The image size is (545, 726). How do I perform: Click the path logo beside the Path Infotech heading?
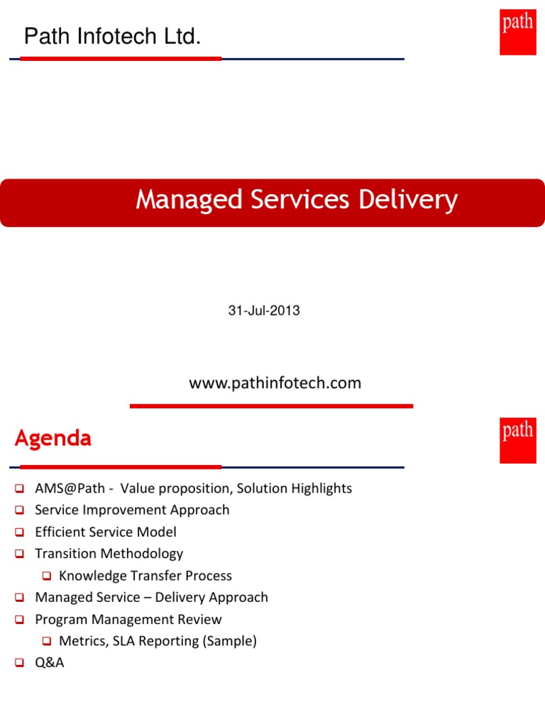517,32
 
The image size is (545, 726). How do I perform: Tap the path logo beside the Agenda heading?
517,440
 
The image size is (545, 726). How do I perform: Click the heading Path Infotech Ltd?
112,37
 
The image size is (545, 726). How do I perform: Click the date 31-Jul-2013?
264,311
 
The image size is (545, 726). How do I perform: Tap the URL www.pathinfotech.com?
275,383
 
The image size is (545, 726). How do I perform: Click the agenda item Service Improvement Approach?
132,510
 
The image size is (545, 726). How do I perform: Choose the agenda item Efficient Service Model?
106,532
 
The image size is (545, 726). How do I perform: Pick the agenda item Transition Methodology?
109,554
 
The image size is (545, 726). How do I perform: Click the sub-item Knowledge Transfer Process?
145,576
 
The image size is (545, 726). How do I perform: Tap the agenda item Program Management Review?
128,619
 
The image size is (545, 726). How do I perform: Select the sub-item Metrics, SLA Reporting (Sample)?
158,641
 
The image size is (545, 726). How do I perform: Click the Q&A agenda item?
50,664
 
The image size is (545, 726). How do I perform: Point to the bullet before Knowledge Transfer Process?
47,576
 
